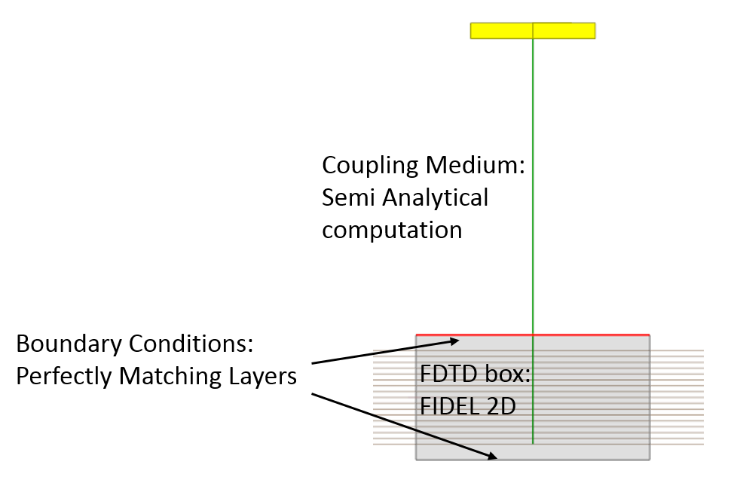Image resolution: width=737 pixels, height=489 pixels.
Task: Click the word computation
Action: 392,230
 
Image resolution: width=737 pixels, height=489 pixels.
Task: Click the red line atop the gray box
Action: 588,335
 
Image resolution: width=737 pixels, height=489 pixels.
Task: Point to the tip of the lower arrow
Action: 497,456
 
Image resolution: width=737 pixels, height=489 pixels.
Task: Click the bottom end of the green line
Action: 533,443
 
